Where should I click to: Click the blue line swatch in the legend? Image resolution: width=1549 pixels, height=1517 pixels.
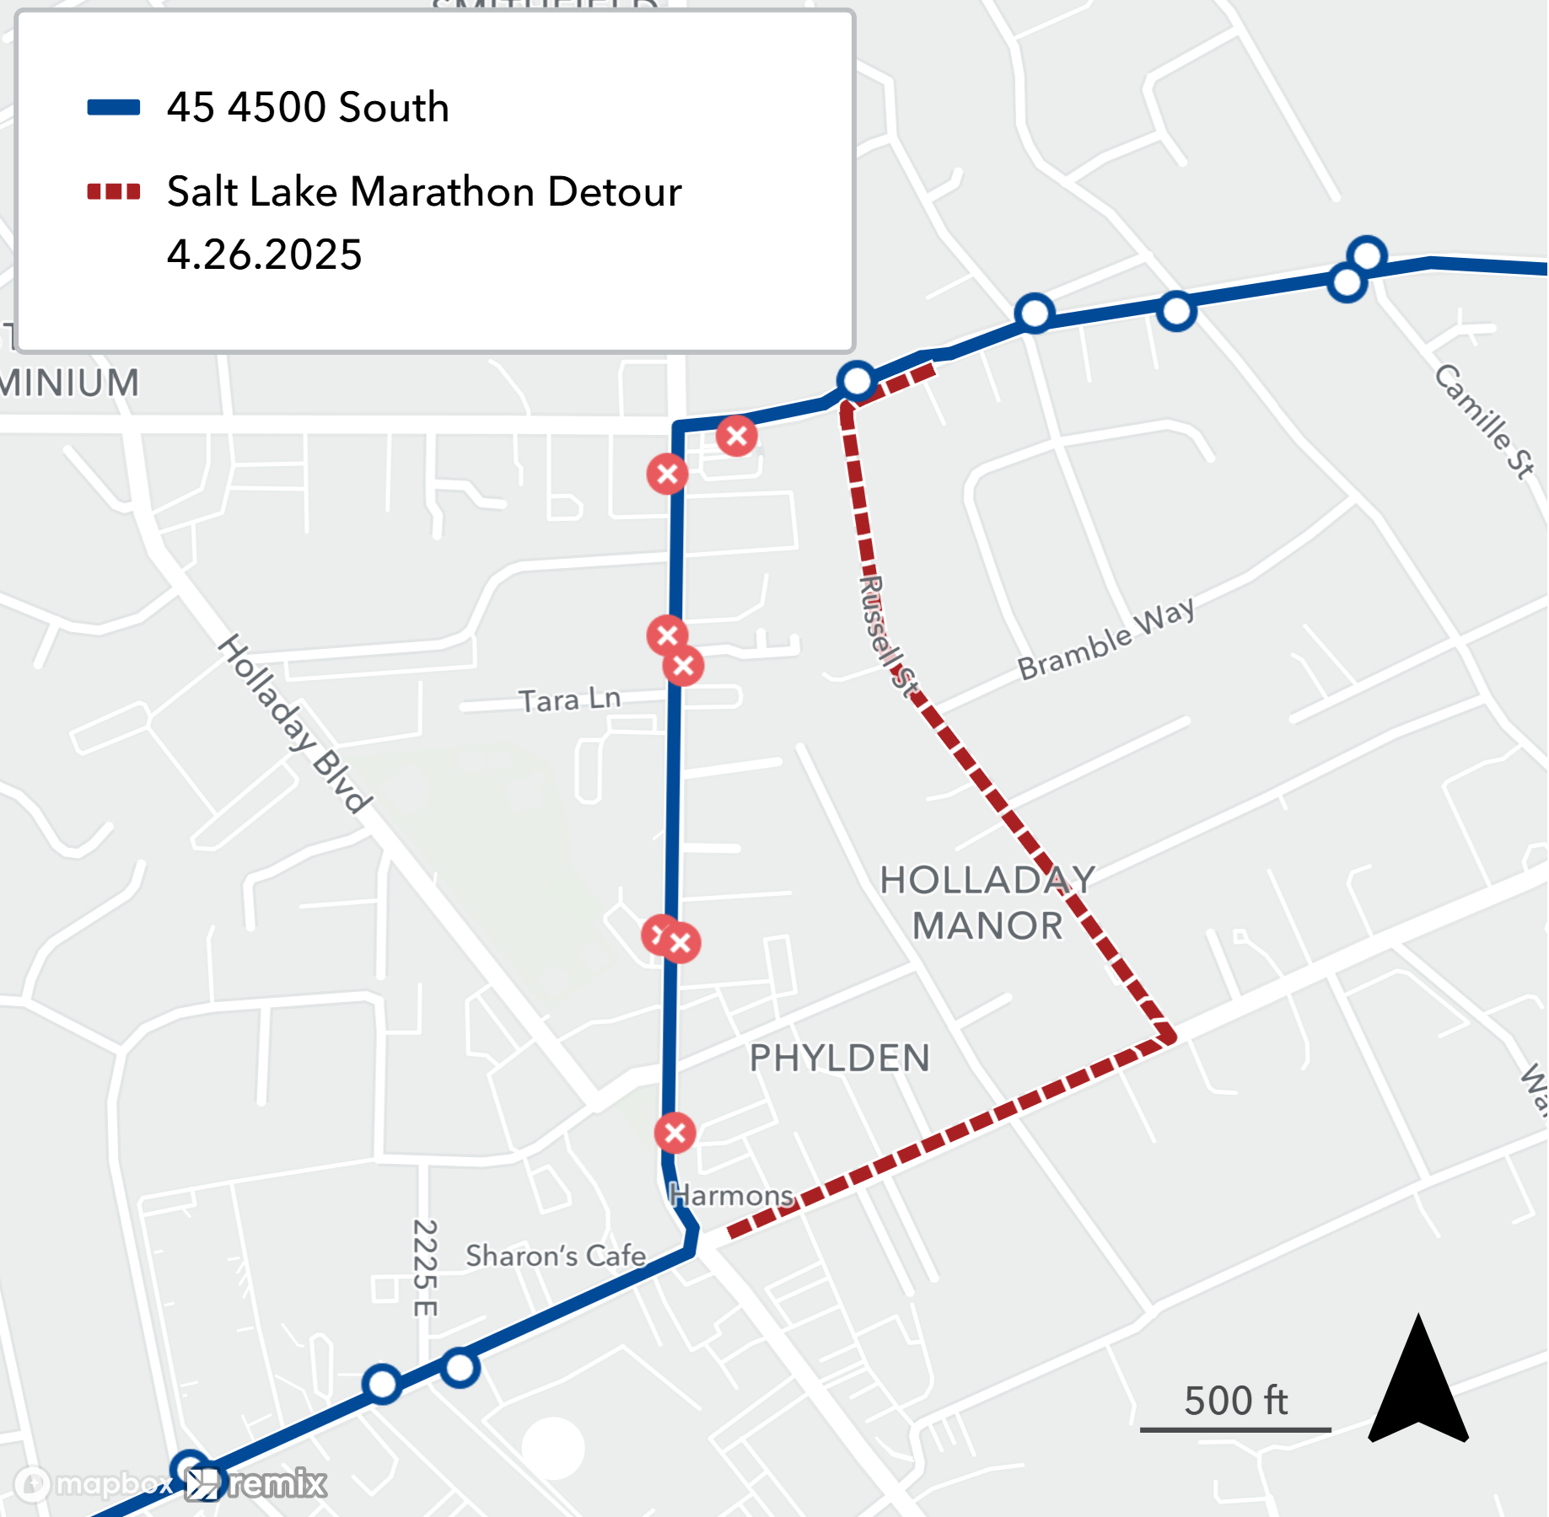click(114, 107)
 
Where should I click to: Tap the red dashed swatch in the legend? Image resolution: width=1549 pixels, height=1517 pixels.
click(114, 192)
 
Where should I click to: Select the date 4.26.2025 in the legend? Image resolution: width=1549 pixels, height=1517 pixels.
click(264, 255)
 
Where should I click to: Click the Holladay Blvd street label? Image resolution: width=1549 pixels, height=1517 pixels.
click(294, 723)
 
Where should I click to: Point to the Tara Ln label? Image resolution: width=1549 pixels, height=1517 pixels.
click(570, 700)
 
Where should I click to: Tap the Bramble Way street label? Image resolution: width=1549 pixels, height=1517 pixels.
click(1106, 638)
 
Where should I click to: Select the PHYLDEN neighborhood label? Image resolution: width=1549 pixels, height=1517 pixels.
click(840, 1059)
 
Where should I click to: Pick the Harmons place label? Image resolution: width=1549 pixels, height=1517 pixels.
click(732, 1195)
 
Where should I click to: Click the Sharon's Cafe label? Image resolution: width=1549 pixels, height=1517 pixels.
click(556, 1256)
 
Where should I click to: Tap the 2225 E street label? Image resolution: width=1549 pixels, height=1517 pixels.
click(425, 1268)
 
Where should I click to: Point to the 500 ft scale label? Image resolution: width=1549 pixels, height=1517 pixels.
click(1236, 1401)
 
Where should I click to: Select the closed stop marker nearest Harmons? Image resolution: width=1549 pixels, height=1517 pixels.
click(675, 1133)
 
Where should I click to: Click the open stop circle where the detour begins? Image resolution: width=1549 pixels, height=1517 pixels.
click(857, 380)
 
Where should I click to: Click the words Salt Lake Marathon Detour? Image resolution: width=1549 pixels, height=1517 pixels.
click(424, 192)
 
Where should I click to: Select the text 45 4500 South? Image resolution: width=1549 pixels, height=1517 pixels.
click(308, 107)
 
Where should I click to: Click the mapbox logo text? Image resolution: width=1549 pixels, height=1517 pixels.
click(113, 1483)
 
